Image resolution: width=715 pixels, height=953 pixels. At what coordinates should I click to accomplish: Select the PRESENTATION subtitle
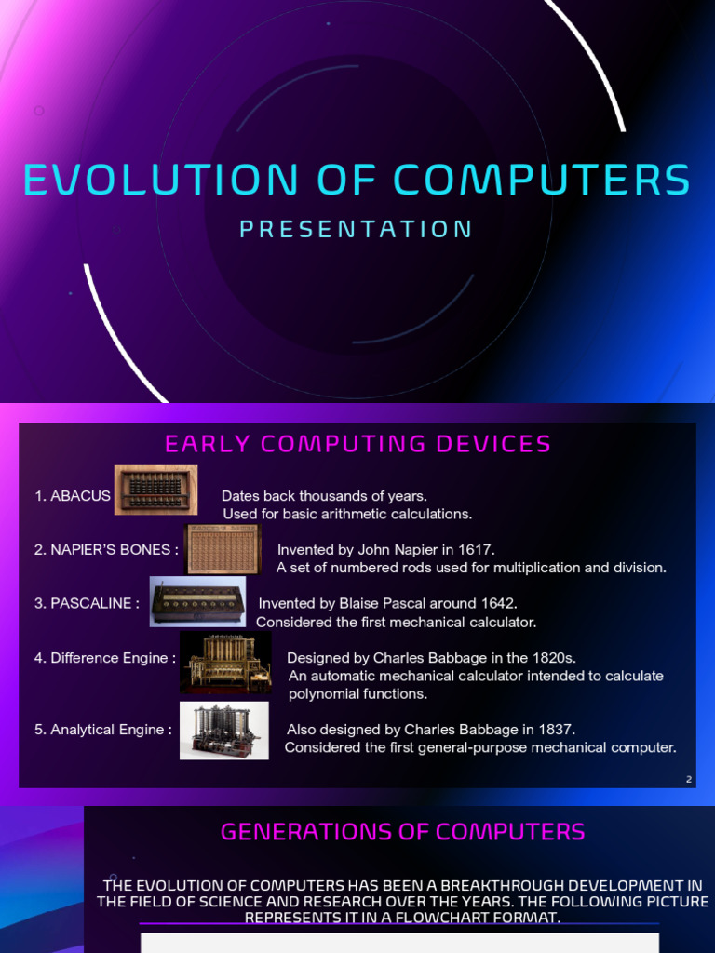tap(357, 229)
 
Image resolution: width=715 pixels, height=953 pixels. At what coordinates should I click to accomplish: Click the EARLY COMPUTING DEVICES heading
tap(357, 445)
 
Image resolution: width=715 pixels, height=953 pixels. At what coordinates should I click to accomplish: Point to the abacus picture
tap(155, 489)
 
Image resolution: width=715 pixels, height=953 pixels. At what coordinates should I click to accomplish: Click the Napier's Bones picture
tap(223, 549)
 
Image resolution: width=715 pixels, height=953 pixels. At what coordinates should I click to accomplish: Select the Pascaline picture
tap(198, 601)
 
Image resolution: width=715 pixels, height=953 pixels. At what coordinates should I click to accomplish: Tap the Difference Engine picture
tap(225, 663)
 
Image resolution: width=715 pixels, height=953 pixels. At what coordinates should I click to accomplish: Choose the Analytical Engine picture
tap(223, 730)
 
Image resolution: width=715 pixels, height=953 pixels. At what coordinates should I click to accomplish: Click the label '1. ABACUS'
tap(73, 496)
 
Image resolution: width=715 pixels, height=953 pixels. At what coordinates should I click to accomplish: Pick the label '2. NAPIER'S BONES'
tap(106, 549)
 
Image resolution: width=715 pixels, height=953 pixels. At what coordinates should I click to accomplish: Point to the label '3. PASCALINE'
tap(87, 603)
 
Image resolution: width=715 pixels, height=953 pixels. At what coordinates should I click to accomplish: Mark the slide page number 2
tap(689, 780)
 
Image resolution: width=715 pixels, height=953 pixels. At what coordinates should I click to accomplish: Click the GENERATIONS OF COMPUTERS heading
tap(402, 831)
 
